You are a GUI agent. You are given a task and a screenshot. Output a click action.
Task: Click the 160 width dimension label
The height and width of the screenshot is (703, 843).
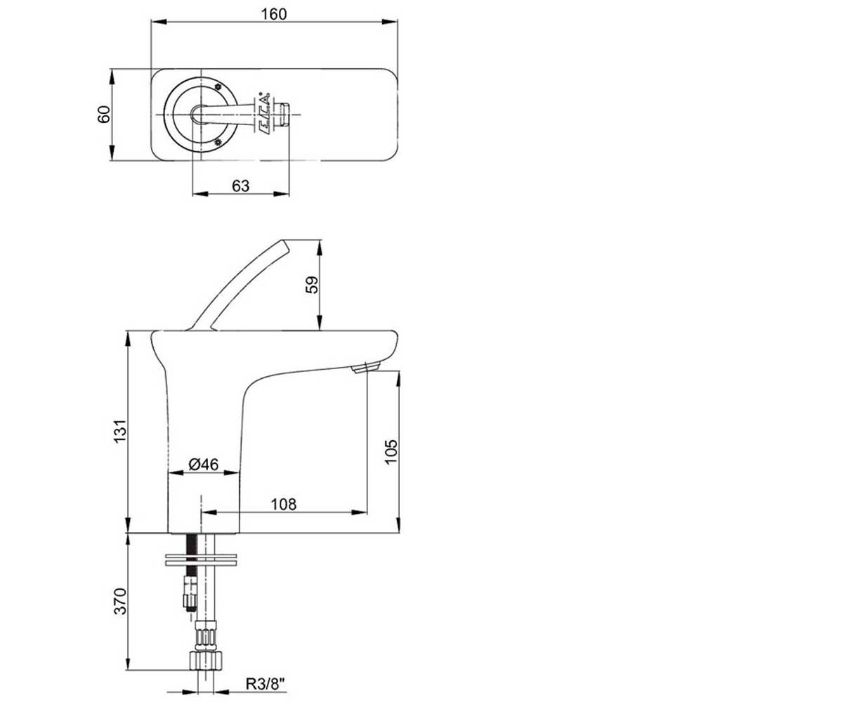(273, 15)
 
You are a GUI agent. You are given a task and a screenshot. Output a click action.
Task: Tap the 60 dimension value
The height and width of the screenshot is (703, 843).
(104, 115)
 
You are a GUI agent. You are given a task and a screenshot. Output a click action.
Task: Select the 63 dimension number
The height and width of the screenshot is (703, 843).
(241, 186)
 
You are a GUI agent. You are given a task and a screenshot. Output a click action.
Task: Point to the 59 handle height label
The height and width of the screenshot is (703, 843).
(313, 285)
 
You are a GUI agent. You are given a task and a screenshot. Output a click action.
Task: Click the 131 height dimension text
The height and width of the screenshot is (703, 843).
(120, 432)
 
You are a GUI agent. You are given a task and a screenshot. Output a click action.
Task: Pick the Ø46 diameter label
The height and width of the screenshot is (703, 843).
(204, 464)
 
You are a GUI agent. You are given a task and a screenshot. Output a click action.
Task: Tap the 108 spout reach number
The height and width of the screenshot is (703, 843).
(283, 504)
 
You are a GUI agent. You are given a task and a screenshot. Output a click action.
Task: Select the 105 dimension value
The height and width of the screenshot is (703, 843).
(391, 452)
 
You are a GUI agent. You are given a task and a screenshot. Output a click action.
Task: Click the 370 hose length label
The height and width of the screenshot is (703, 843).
(120, 601)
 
